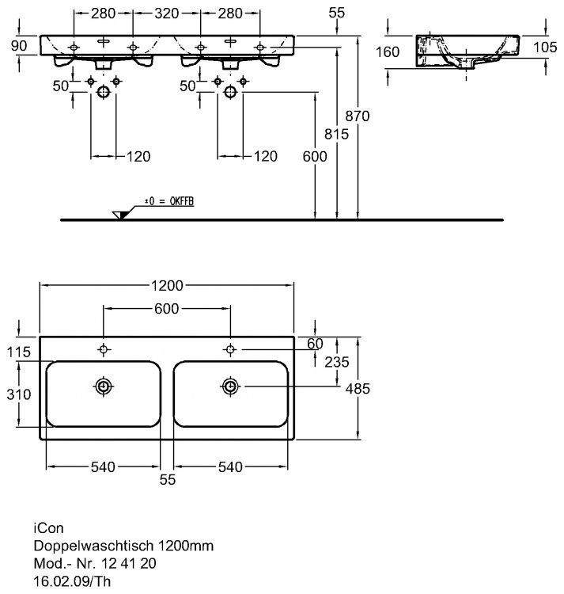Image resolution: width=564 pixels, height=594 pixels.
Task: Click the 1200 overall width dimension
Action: [x=167, y=285]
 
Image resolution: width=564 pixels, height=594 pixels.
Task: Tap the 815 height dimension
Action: [x=337, y=135]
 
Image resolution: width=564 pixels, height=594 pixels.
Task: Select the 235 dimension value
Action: [x=335, y=363]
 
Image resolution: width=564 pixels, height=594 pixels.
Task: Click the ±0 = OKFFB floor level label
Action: [x=168, y=204]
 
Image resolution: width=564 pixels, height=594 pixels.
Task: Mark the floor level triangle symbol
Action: [x=120, y=215]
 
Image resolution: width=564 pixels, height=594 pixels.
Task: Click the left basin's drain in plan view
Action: [x=104, y=386]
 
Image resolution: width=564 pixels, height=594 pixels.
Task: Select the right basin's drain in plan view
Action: [x=230, y=386]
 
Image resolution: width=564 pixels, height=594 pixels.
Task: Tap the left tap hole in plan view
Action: [x=104, y=349]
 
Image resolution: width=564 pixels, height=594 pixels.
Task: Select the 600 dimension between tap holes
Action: [x=167, y=308]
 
